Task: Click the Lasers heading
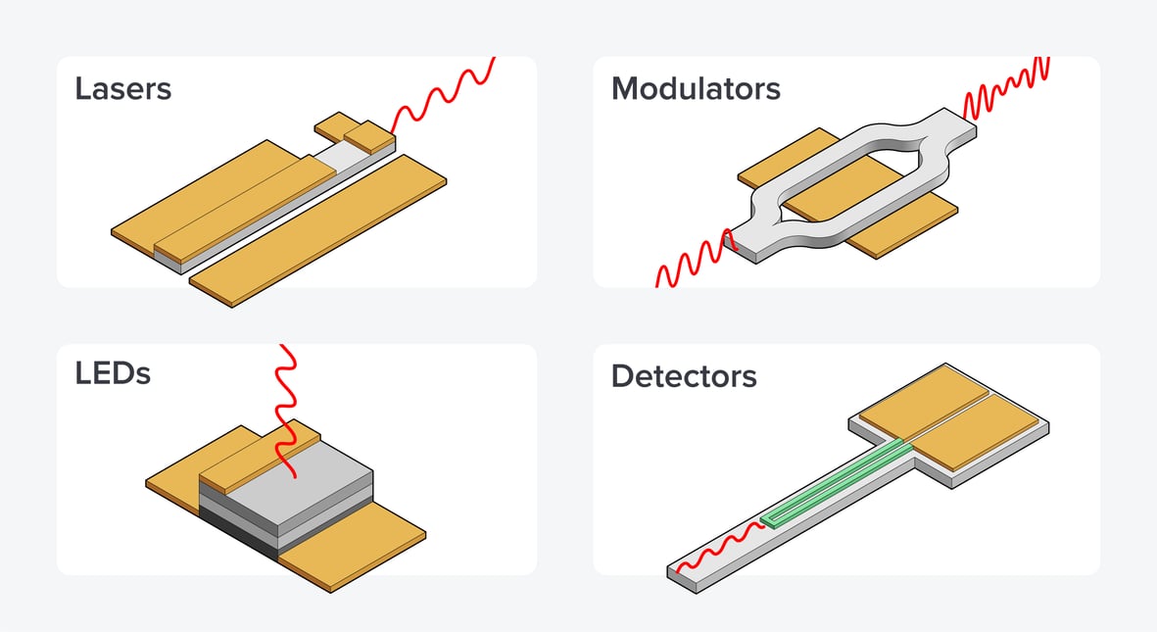click(x=123, y=89)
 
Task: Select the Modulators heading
click(x=696, y=89)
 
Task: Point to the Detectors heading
click(x=684, y=375)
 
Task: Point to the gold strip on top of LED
click(x=260, y=457)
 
